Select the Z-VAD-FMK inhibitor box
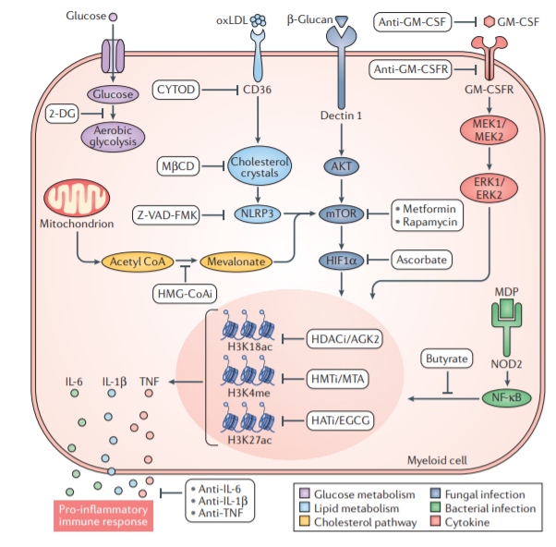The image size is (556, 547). pyautogui.click(x=169, y=214)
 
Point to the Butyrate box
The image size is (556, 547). pyautogui.click(x=447, y=357)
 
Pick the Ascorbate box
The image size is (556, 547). pyautogui.click(x=421, y=261)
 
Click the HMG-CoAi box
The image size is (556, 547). pyautogui.click(x=185, y=292)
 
